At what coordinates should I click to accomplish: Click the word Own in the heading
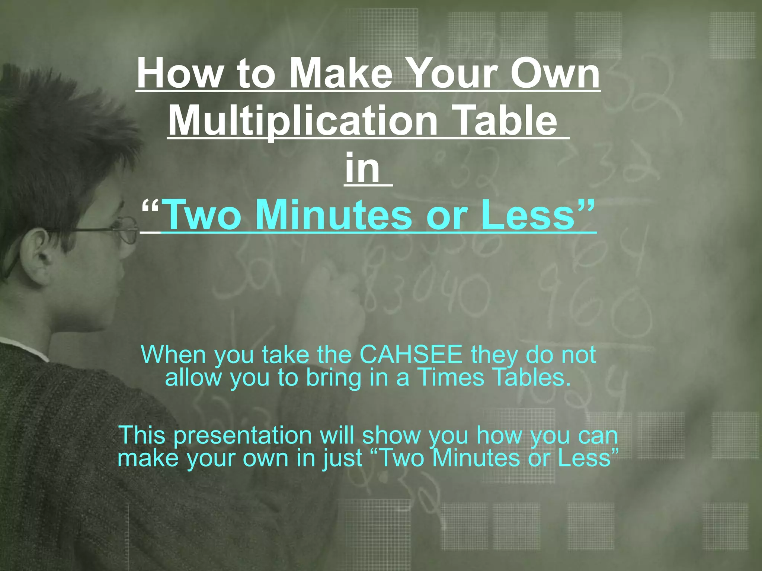[555, 73]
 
